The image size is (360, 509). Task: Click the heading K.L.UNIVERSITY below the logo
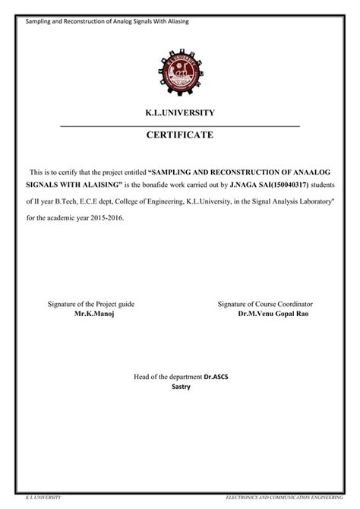point(180,112)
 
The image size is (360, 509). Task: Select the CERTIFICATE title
point(180,135)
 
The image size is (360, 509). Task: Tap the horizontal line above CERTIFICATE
point(180,125)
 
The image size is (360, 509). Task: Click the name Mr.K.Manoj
point(93,313)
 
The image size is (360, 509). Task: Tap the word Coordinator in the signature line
point(294,304)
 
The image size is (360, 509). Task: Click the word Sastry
point(181,386)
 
